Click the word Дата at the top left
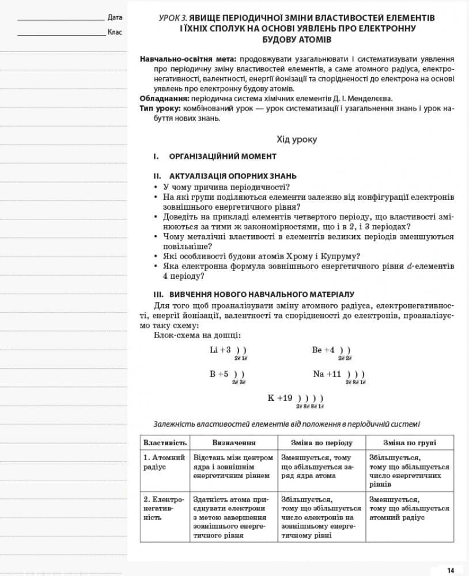(x=115, y=17)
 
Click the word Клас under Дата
(x=115, y=32)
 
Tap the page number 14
(x=451, y=570)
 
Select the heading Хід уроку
(x=297, y=139)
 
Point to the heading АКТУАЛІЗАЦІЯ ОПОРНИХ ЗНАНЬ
(x=233, y=176)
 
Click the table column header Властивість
(x=165, y=443)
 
